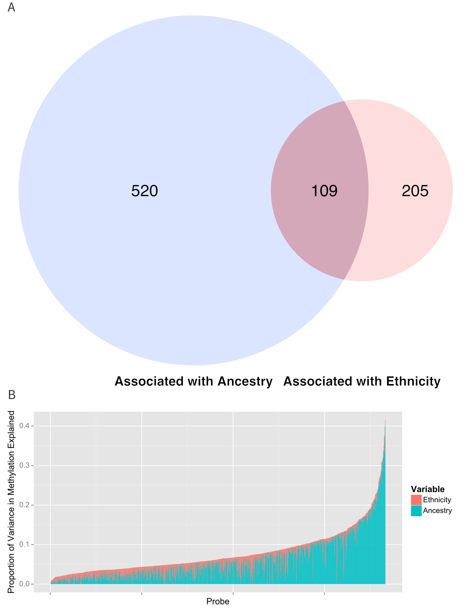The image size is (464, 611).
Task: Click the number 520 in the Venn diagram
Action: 145,191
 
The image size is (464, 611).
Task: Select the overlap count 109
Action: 324,191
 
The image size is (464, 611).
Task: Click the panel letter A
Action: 11,7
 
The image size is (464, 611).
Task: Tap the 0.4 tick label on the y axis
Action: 24,426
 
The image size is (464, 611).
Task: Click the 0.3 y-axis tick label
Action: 24,465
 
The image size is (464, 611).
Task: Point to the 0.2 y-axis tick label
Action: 24,505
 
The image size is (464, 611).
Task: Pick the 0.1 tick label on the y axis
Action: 24,545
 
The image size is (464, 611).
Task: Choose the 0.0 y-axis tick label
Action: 24,584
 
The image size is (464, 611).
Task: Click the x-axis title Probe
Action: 218,601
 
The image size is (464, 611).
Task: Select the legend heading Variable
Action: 428,489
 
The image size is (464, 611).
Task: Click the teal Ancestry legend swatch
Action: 416,511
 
